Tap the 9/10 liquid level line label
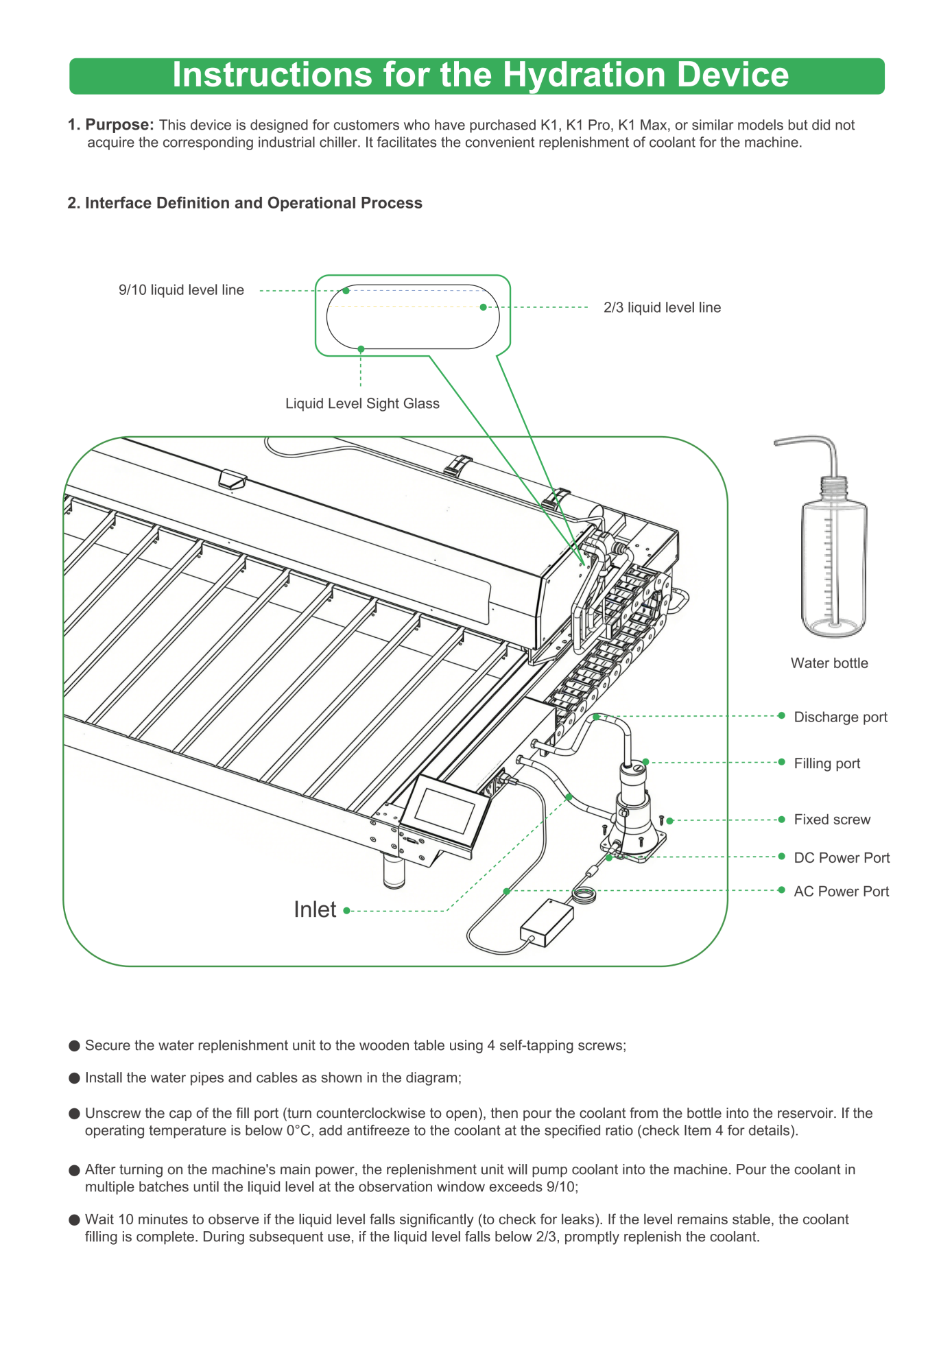tap(181, 290)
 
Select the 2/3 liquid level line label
tap(662, 307)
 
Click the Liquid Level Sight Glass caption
tap(362, 403)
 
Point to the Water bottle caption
tap(829, 663)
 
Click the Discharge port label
tap(840, 717)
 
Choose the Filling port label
tap(826, 763)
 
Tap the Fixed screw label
tap(832, 820)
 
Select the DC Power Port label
tap(842, 858)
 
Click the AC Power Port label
tap(841, 892)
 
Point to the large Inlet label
tap(315, 909)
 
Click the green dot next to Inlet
tap(347, 911)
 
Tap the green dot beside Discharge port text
tap(781, 715)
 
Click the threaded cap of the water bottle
tap(834, 488)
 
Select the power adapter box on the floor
tap(547, 922)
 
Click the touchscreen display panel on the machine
tap(445, 810)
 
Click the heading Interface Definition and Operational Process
tap(253, 203)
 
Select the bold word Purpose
tap(119, 125)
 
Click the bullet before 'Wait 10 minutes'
tap(75, 1219)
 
